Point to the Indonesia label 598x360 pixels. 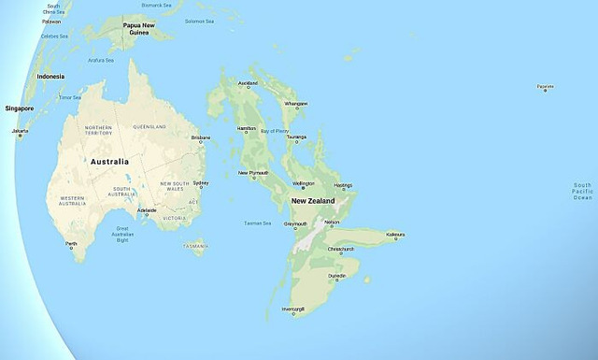point(50,76)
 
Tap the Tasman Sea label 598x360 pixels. point(257,223)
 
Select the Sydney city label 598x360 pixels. point(201,183)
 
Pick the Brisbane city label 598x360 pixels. point(200,137)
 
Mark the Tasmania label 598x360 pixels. point(195,246)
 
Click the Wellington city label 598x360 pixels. point(304,183)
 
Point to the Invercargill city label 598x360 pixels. point(293,309)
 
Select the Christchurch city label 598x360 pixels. point(339,250)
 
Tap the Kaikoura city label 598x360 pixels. point(394,235)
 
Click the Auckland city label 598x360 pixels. point(249,83)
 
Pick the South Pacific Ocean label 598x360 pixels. point(582,192)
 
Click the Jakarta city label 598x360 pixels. point(20,131)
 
